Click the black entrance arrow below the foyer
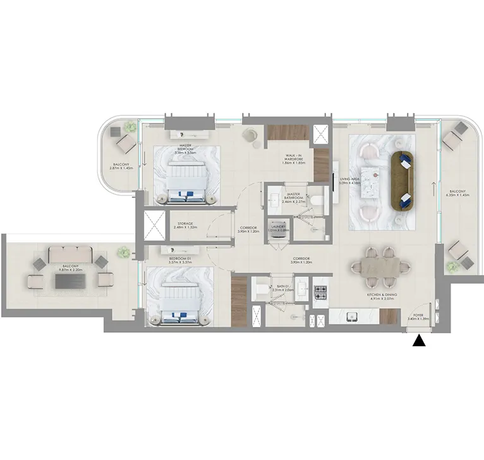pyautogui.click(x=418, y=341)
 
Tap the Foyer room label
pyautogui.click(x=418, y=316)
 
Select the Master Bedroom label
pyautogui.click(x=185, y=149)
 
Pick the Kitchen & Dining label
pyautogui.click(x=380, y=297)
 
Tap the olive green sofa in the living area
pyautogui.click(x=402, y=181)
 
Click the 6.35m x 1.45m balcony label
pyautogui.click(x=457, y=193)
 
